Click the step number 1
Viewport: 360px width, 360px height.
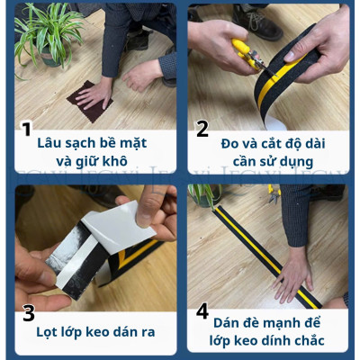pyautogui.click(x=26, y=130)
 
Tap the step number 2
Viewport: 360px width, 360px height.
pyautogui.click(x=202, y=130)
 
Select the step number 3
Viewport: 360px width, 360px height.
pyautogui.click(x=28, y=314)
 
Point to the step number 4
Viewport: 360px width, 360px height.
pyautogui.click(x=202, y=311)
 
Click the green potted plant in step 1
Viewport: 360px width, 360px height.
pyautogui.click(x=45, y=36)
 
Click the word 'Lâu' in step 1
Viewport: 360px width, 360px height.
pyautogui.click(x=51, y=142)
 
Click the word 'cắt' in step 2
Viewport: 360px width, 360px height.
pyautogui.click(x=267, y=142)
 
